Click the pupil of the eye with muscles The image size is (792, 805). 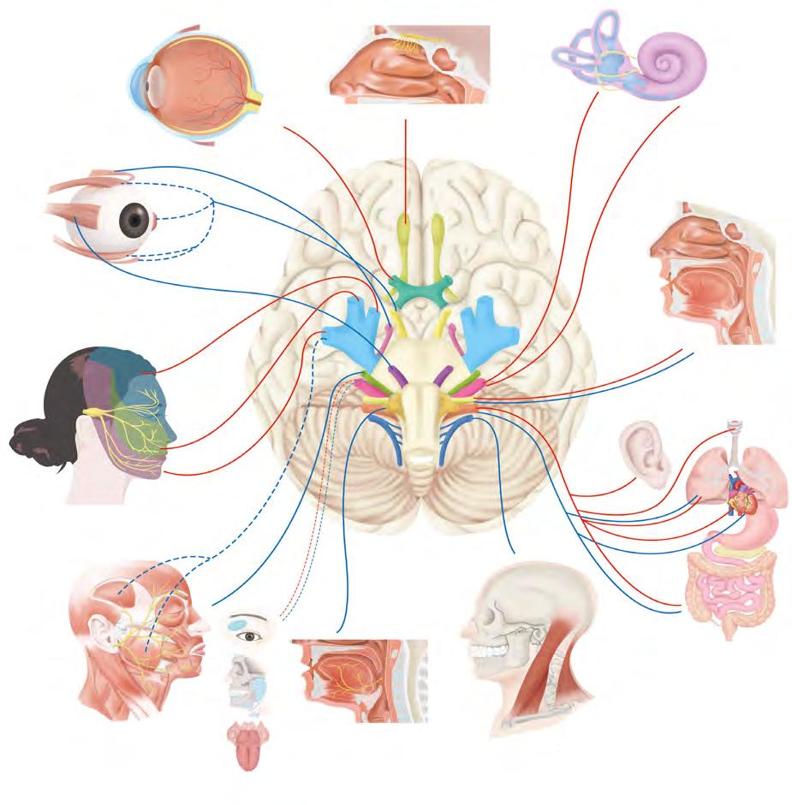click(133, 221)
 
